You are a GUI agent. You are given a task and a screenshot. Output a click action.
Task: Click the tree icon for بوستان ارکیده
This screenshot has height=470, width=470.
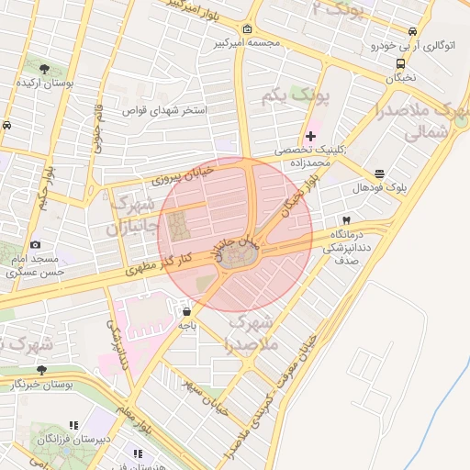point(43,68)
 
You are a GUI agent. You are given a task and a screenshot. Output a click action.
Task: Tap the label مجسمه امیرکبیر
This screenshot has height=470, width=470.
point(216,43)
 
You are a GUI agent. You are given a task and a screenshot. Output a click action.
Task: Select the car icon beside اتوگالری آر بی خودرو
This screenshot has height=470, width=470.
point(376,44)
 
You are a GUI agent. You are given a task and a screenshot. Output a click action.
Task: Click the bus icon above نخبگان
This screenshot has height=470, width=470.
point(400,63)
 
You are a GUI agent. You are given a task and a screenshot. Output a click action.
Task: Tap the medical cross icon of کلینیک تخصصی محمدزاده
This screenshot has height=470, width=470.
point(310,136)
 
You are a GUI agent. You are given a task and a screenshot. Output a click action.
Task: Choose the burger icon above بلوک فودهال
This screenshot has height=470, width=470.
point(380,173)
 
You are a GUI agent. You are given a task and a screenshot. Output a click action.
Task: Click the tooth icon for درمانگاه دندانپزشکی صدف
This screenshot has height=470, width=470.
point(346,220)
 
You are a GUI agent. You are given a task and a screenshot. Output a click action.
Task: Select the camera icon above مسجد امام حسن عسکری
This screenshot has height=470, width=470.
point(35,244)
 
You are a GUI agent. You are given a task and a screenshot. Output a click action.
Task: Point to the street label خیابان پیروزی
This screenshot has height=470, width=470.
point(184,175)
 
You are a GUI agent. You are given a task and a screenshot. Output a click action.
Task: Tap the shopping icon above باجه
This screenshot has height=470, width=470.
point(187,311)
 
